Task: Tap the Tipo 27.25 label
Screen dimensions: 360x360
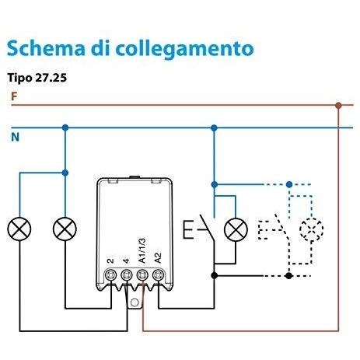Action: click(x=37, y=78)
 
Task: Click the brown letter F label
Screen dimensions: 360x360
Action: click(x=14, y=96)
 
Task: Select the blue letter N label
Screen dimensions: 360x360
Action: click(x=15, y=137)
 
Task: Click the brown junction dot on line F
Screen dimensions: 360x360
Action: click(x=338, y=105)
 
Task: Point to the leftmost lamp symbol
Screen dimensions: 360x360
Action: click(x=19, y=229)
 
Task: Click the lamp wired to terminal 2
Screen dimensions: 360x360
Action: click(x=65, y=229)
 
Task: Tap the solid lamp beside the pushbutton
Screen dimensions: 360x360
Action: click(x=236, y=229)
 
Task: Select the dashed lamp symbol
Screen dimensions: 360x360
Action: click(x=311, y=229)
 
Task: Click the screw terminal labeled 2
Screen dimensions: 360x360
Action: click(x=111, y=274)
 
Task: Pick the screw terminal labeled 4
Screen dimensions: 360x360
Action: click(x=127, y=274)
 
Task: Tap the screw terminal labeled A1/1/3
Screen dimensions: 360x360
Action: click(x=142, y=274)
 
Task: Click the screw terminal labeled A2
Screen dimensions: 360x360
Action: click(x=158, y=274)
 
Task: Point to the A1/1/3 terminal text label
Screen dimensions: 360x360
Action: click(x=142, y=250)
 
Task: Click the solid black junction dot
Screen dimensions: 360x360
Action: click(x=214, y=275)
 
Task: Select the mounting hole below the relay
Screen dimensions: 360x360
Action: click(x=135, y=302)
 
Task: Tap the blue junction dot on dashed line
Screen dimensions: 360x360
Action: click(x=289, y=184)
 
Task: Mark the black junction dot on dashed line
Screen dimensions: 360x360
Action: click(x=288, y=275)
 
